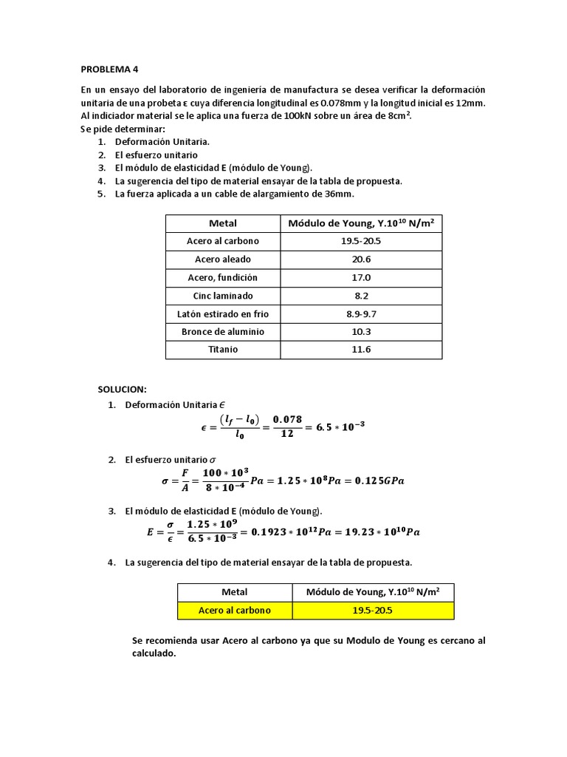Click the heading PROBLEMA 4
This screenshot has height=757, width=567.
coord(109,69)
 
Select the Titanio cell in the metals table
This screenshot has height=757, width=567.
coord(223,350)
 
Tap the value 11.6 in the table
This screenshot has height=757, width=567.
coord(361,350)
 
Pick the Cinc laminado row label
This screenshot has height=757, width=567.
coord(223,296)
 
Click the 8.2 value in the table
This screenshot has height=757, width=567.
coord(361,296)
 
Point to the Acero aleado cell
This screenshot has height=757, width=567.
coord(223,259)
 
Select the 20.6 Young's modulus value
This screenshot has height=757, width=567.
coord(361,259)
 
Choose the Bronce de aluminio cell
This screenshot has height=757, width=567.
coord(223,332)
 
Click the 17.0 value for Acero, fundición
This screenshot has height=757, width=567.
coord(361,277)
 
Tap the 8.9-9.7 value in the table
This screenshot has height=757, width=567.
coord(361,313)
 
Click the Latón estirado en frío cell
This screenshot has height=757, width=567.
coord(223,313)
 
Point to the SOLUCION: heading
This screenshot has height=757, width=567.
coord(123,389)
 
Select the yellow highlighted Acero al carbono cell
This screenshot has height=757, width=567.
coord(235,611)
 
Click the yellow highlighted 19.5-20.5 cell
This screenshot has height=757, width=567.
coord(373,611)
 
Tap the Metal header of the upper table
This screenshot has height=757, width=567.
coord(223,223)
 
